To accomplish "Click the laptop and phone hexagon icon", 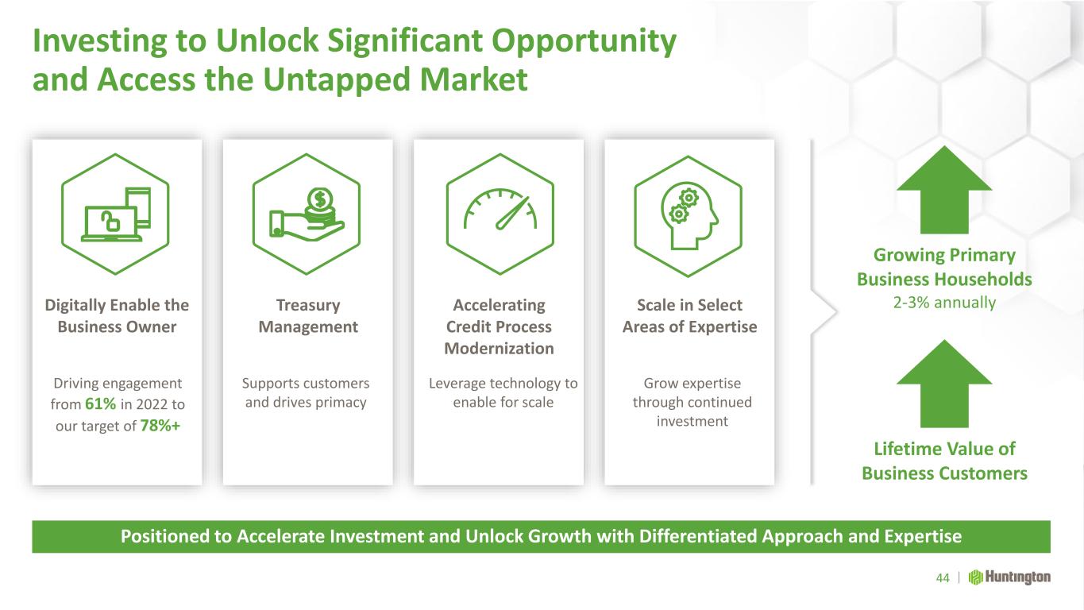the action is [115, 214].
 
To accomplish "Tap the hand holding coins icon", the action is [307, 214].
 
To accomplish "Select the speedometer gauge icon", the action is [500, 214].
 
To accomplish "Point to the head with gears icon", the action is [689, 216].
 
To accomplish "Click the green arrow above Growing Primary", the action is [944, 190].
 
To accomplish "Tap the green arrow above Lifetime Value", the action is [944, 384].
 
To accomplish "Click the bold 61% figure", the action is [101, 403].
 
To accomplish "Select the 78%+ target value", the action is [160, 426].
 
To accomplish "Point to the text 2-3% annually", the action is [944, 303].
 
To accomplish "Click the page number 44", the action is [943, 577].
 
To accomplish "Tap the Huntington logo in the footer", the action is [1009, 577].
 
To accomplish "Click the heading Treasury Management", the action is [308, 315].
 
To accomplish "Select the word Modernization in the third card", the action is [499, 349].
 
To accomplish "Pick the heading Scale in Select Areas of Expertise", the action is [689, 315].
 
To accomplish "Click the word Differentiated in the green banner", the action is [697, 536].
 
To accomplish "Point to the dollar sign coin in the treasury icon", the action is [320, 199].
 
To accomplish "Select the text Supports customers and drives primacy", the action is [306, 392].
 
